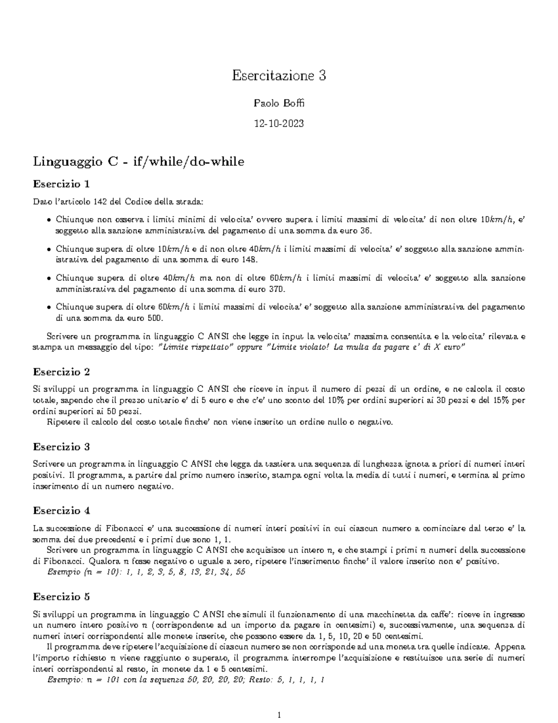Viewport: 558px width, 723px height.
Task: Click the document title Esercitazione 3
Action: tap(279, 75)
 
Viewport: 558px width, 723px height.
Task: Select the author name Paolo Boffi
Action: tap(279, 103)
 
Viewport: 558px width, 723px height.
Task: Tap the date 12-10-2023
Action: tap(279, 123)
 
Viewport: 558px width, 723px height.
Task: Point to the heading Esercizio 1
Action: tap(61, 184)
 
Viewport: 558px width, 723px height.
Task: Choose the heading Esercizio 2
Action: tap(61, 372)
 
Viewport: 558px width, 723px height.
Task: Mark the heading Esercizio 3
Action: tap(61, 447)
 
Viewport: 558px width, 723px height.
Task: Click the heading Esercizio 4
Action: tap(61, 511)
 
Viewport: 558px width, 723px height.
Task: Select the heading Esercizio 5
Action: tap(61, 597)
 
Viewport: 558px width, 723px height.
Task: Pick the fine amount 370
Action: tap(277, 289)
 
